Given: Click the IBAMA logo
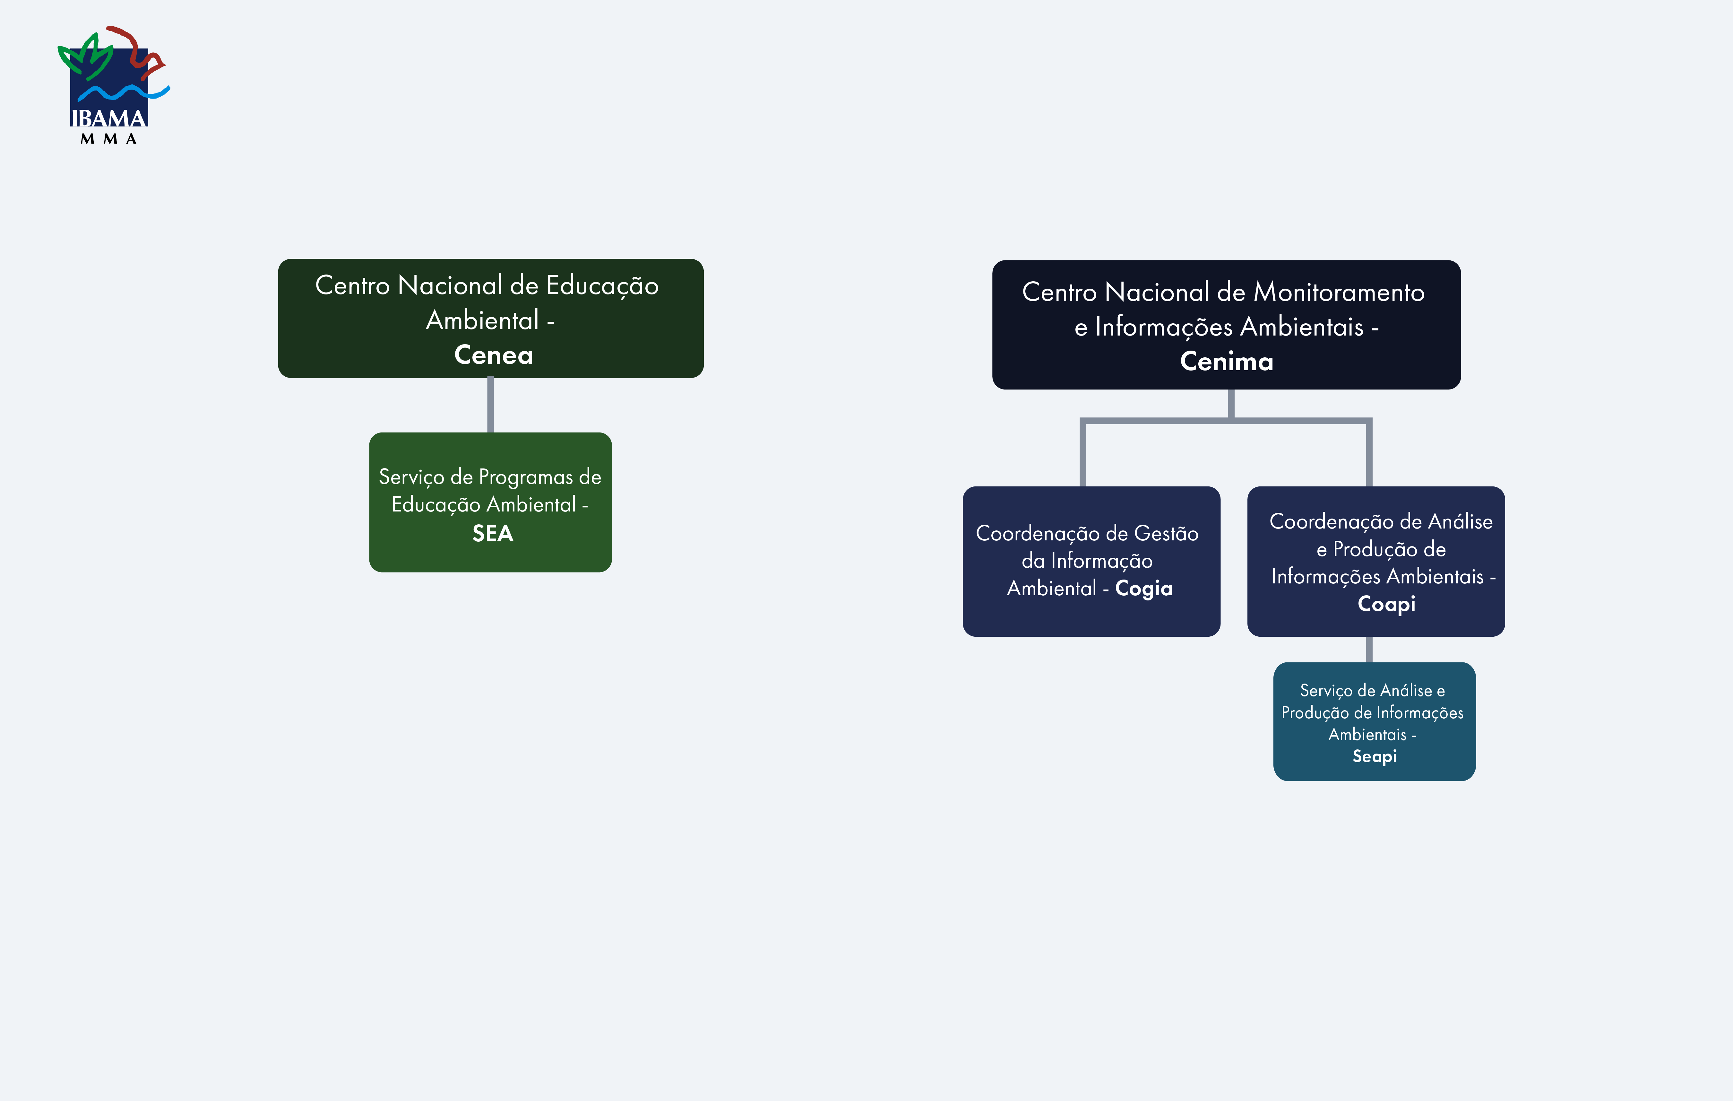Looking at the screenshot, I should pos(112,83).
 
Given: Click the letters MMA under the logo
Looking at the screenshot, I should pos(109,139).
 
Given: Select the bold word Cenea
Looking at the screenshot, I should pos(494,355).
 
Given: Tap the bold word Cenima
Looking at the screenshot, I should pos(1226,362).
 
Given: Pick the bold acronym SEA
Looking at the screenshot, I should pos(492,534).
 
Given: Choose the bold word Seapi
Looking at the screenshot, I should pos(1374,756).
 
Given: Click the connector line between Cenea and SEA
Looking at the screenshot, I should pos(490,405).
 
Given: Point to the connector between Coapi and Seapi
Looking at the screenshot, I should pos(1369,650).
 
